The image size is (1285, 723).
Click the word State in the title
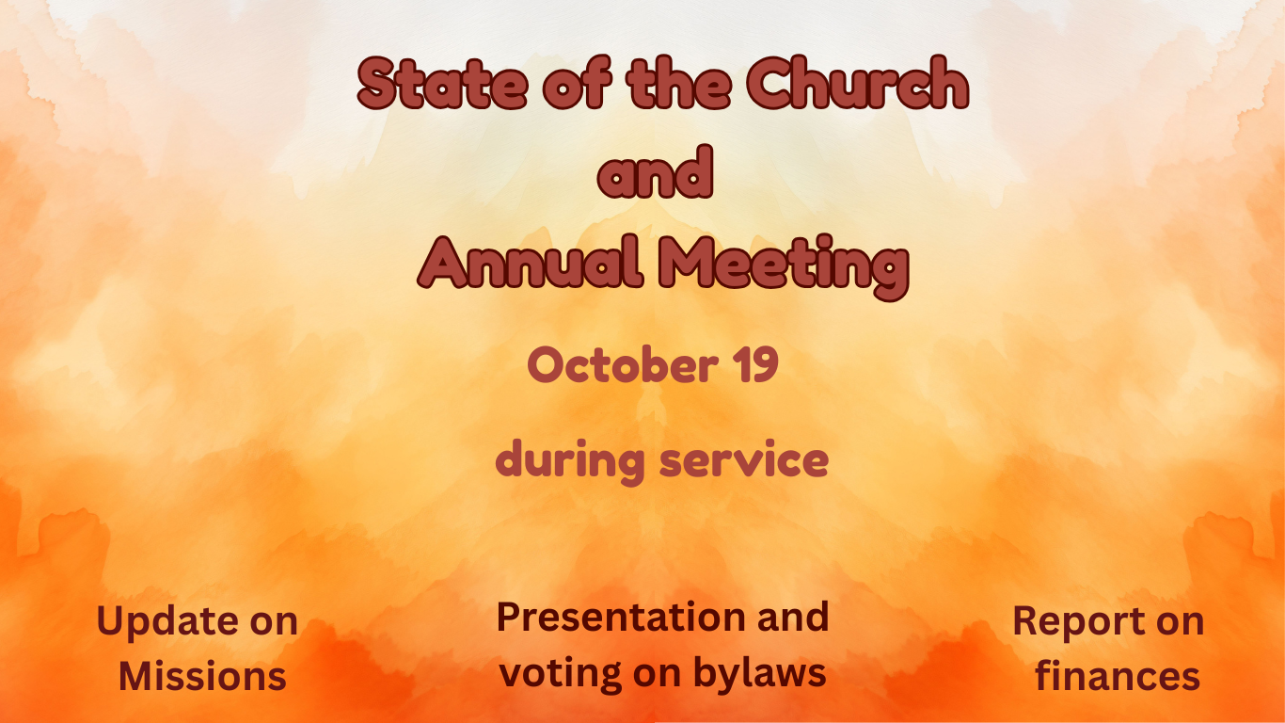442,83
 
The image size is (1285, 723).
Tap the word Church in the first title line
858,82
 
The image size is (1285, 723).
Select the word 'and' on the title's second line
656,171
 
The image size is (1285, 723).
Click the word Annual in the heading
530,263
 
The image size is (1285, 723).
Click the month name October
623,364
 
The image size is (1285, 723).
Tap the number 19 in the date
758,364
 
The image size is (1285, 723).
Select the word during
570,461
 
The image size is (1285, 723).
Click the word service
744,460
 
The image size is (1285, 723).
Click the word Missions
202,676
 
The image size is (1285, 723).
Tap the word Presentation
621,618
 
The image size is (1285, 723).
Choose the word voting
561,674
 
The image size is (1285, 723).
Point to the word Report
1078,622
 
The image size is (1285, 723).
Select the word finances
1118,675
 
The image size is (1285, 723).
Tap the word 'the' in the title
679,82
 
